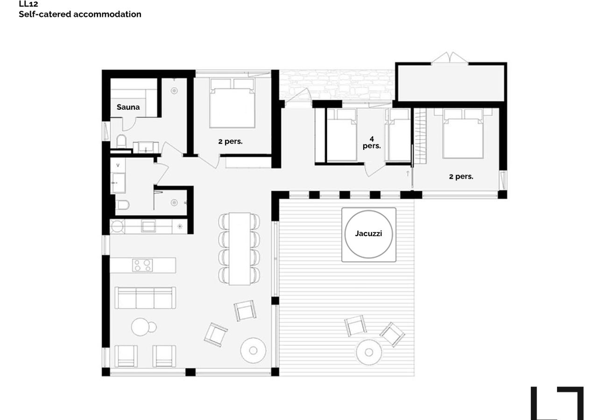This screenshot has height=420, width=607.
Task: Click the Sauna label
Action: (128, 107)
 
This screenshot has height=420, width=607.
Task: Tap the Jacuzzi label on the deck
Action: (368, 233)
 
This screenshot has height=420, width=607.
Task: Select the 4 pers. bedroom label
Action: (372, 142)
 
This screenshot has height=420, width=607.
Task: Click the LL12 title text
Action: (28, 4)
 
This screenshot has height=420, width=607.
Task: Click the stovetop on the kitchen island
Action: (142, 265)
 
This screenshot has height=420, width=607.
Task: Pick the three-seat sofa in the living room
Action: (145, 298)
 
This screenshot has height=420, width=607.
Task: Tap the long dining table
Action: (240, 249)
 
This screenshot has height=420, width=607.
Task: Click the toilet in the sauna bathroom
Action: (121, 141)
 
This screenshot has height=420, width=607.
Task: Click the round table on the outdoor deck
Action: (368, 352)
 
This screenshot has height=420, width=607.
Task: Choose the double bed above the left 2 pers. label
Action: (232, 103)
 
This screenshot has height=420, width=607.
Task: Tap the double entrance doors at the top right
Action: (450, 58)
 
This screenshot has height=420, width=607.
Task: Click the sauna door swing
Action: (129, 124)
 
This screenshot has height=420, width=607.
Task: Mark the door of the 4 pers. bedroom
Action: (375, 169)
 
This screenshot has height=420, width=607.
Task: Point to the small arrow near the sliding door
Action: (408, 174)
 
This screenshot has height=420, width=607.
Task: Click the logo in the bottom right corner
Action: (557, 403)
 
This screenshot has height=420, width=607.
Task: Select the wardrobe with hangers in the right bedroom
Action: (421, 136)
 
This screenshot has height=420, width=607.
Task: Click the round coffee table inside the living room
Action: (253, 350)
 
